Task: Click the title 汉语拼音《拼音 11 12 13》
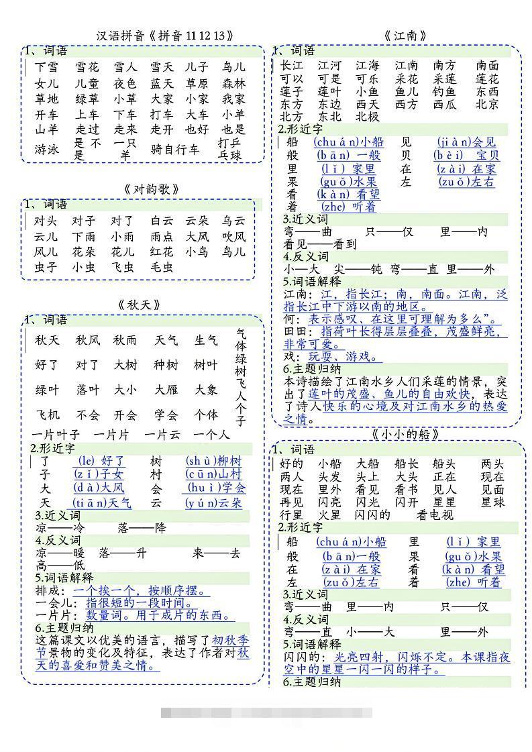point(165,36)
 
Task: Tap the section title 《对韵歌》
point(152,189)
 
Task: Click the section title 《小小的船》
point(406,435)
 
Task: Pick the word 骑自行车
point(175,149)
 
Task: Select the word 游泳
point(46,149)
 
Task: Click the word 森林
point(234,84)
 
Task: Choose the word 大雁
point(166,390)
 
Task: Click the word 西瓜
point(444,104)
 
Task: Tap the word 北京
point(487,104)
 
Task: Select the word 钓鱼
point(444,91)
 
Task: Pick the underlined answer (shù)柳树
point(213,461)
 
